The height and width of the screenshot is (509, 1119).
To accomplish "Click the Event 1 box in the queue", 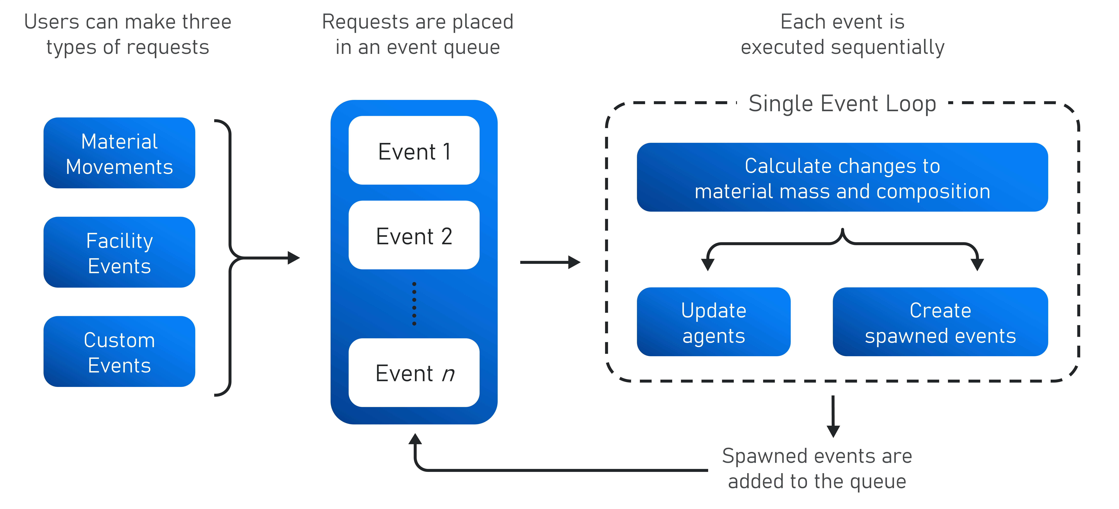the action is (x=414, y=150).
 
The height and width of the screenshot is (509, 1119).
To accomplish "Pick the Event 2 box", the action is (x=414, y=235).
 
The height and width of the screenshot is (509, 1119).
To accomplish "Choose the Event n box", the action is (x=414, y=373).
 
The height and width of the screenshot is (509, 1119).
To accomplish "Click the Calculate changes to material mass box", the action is (x=842, y=177).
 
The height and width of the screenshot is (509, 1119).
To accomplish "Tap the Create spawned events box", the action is (x=940, y=322).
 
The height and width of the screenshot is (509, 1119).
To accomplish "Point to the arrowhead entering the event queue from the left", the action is (x=294, y=258).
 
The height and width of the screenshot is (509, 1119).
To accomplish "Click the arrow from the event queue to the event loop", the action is (x=550, y=262).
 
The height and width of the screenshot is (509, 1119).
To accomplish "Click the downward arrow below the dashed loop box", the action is (x=833, y=416).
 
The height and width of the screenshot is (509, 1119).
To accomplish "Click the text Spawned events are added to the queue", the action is (x=817, y=469).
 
